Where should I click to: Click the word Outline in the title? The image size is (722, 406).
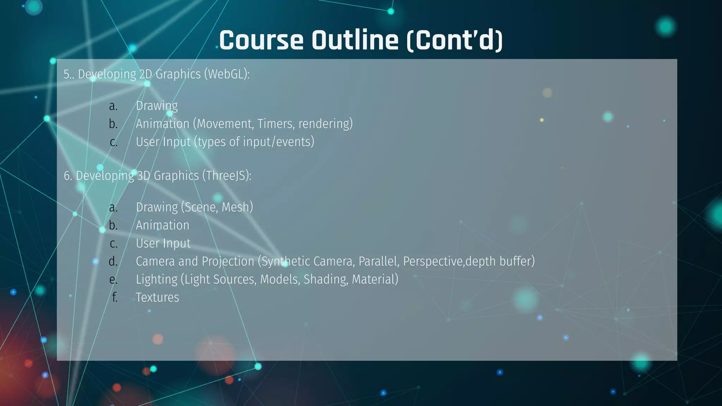[x=355, y=40]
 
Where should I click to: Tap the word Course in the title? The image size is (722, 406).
[x=261, y=40]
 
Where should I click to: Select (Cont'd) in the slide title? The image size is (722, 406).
[x=454, y=40]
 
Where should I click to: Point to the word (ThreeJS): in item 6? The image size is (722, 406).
[x=227, y=176]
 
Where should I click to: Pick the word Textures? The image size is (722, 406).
[x=157, y=297]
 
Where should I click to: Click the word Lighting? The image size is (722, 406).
[x=157, y=279]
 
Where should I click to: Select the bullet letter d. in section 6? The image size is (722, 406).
[x=113, y=262]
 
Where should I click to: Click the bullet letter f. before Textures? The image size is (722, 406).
[x=115, y=297]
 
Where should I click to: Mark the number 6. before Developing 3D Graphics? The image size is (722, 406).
[x=68, y=176]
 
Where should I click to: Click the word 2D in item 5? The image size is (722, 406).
[x=146, y=74]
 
